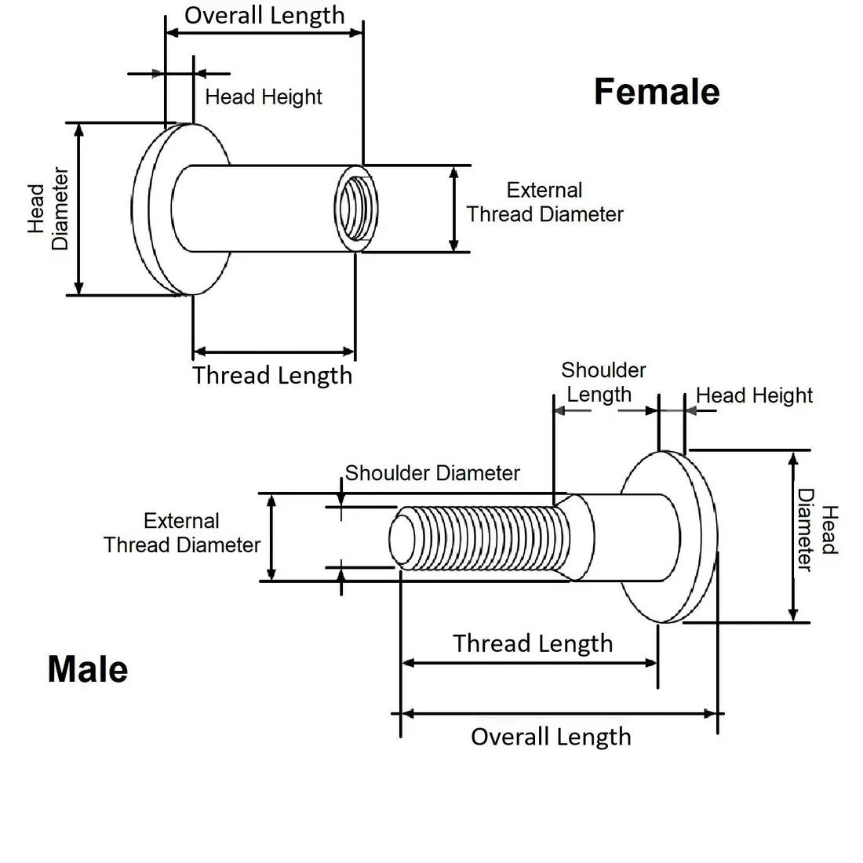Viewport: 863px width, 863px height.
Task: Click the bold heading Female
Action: pyautogui.click(x=657, y=91)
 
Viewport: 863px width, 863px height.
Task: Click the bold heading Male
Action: pyautogui.click(x=88, y=669)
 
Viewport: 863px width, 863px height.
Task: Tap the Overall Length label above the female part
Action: pyautogui.click(x=264, y=16)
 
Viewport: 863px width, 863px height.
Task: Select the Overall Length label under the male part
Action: pyautogui.click(x=551, y=737)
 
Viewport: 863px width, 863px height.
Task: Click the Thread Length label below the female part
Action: pyautogui.click(x=272, y=376)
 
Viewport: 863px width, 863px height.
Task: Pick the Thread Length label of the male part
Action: pyautogui.click(x=533, y=643)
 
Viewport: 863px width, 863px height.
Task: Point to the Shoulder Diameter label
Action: pyautogui.click(x=432, y=473)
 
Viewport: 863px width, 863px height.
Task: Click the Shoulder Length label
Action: pyautogui.click(x=603, y=383)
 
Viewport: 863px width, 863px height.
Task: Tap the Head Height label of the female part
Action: pyautogui.click(x=264, y=96)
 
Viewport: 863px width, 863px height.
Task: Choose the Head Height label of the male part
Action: pyautogui.click(x=754, y=395)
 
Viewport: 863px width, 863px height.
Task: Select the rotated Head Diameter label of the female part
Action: pyautogui.click(x=48, y=209)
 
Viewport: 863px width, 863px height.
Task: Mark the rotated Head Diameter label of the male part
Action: pyautogui.click(x=817, y=530)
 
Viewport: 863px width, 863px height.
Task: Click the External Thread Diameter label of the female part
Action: pyautogui.click(x=545, y=202)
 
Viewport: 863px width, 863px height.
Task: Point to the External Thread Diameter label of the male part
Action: pyautogui.click(x=182, y=533)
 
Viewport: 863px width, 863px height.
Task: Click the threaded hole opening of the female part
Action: pyautogui.click(x=356, y=209)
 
